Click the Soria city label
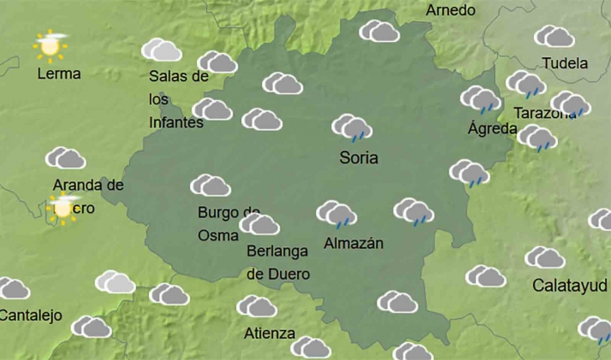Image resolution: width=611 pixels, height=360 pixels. (x=359, y=158)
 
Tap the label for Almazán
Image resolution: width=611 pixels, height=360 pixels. (x=353, y=244)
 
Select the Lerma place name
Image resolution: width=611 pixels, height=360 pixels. (x=59, y=74)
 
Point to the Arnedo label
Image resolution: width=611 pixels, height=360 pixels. (x=450, y=10)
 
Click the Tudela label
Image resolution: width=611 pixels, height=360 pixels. (x=565, y=63)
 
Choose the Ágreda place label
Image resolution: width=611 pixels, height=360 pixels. (x=492, y=129)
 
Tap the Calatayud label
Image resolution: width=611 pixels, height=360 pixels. (x=570, y=285)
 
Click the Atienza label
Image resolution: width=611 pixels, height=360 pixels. (x=270, y=333)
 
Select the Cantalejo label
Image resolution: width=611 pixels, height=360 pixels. (x=31, y=316)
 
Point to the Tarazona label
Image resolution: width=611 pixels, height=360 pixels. (x=544, y=113)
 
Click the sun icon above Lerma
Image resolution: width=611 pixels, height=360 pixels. (x=50, y=45)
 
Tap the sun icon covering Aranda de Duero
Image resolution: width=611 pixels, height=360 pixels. (x=63, y=206)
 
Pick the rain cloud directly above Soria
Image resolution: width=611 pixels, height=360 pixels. (x=352, y=127)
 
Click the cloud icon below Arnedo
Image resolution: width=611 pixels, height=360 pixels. (x=380, y=32)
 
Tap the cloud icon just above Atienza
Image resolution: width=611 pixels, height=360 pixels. (x=257, y=306)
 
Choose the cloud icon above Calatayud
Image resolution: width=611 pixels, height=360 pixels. (x=545, y=257)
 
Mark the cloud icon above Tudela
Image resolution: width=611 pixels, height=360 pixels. (x=555, y=37)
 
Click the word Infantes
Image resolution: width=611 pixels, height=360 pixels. (x=175, y=122)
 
